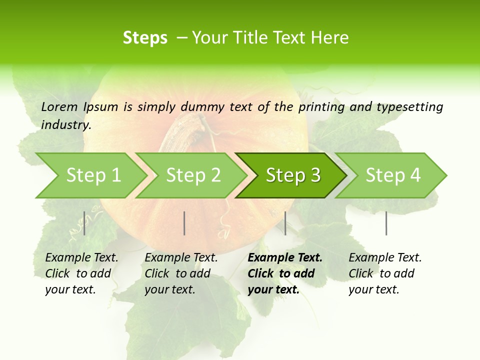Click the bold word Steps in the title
click(145, 38)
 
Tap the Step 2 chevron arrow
click(193, 175)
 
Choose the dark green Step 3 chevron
click(293, 175)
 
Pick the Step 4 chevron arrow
click(393, 175)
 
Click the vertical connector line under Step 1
click(84, 223)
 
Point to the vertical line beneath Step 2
click(184, 223)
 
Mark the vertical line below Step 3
click(285, 223)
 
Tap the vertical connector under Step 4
click(386, 223)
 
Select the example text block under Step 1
click(81, 273)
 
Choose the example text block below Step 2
click(181, 273)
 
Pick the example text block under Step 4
click(385, 273)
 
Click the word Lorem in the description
click(59, 106)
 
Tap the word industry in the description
click(65, 124)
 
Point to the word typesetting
click(409, 107)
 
